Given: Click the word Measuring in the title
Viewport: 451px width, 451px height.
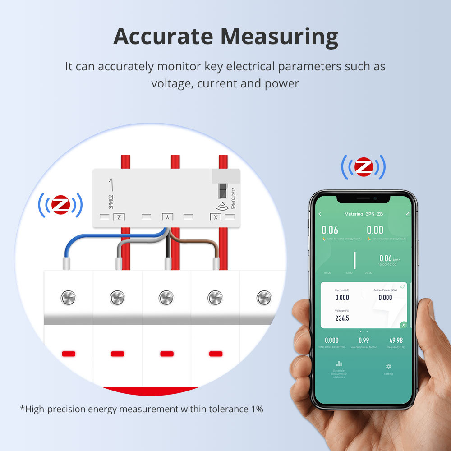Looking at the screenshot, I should tap(275, 37).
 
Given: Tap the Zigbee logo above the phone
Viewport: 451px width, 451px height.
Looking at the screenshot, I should tap(364, 167).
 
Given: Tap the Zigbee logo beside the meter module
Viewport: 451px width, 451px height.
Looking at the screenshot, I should tap(60, 205).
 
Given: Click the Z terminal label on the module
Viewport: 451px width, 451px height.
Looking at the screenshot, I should tap(119, 217).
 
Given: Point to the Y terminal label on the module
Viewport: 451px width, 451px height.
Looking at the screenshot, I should tap(167, 217).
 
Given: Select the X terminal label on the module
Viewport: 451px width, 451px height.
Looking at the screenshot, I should tap(216, 217).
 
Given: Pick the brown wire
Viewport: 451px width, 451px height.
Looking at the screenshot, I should tap(207, 246).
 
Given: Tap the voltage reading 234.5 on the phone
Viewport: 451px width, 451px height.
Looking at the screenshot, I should tap(342, 318).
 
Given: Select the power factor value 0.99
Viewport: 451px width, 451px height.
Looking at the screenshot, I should tap(364, 341).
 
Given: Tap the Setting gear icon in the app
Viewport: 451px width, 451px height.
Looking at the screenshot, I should tap(388, 367).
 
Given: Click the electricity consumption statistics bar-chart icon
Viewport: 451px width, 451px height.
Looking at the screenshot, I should tap(339, 364).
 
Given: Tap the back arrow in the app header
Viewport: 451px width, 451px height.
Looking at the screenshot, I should tap(320, 214).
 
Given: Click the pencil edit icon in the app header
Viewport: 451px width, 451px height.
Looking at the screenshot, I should tap(408, 214).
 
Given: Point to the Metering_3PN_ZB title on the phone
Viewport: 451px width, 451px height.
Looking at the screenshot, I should tap(364, 214).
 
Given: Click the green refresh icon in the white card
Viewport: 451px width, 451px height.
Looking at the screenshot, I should tap(402, 286).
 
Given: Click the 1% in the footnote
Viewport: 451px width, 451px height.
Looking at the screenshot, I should tap(256, 409).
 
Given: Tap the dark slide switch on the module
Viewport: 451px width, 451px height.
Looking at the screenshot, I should tap(222, 191).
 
